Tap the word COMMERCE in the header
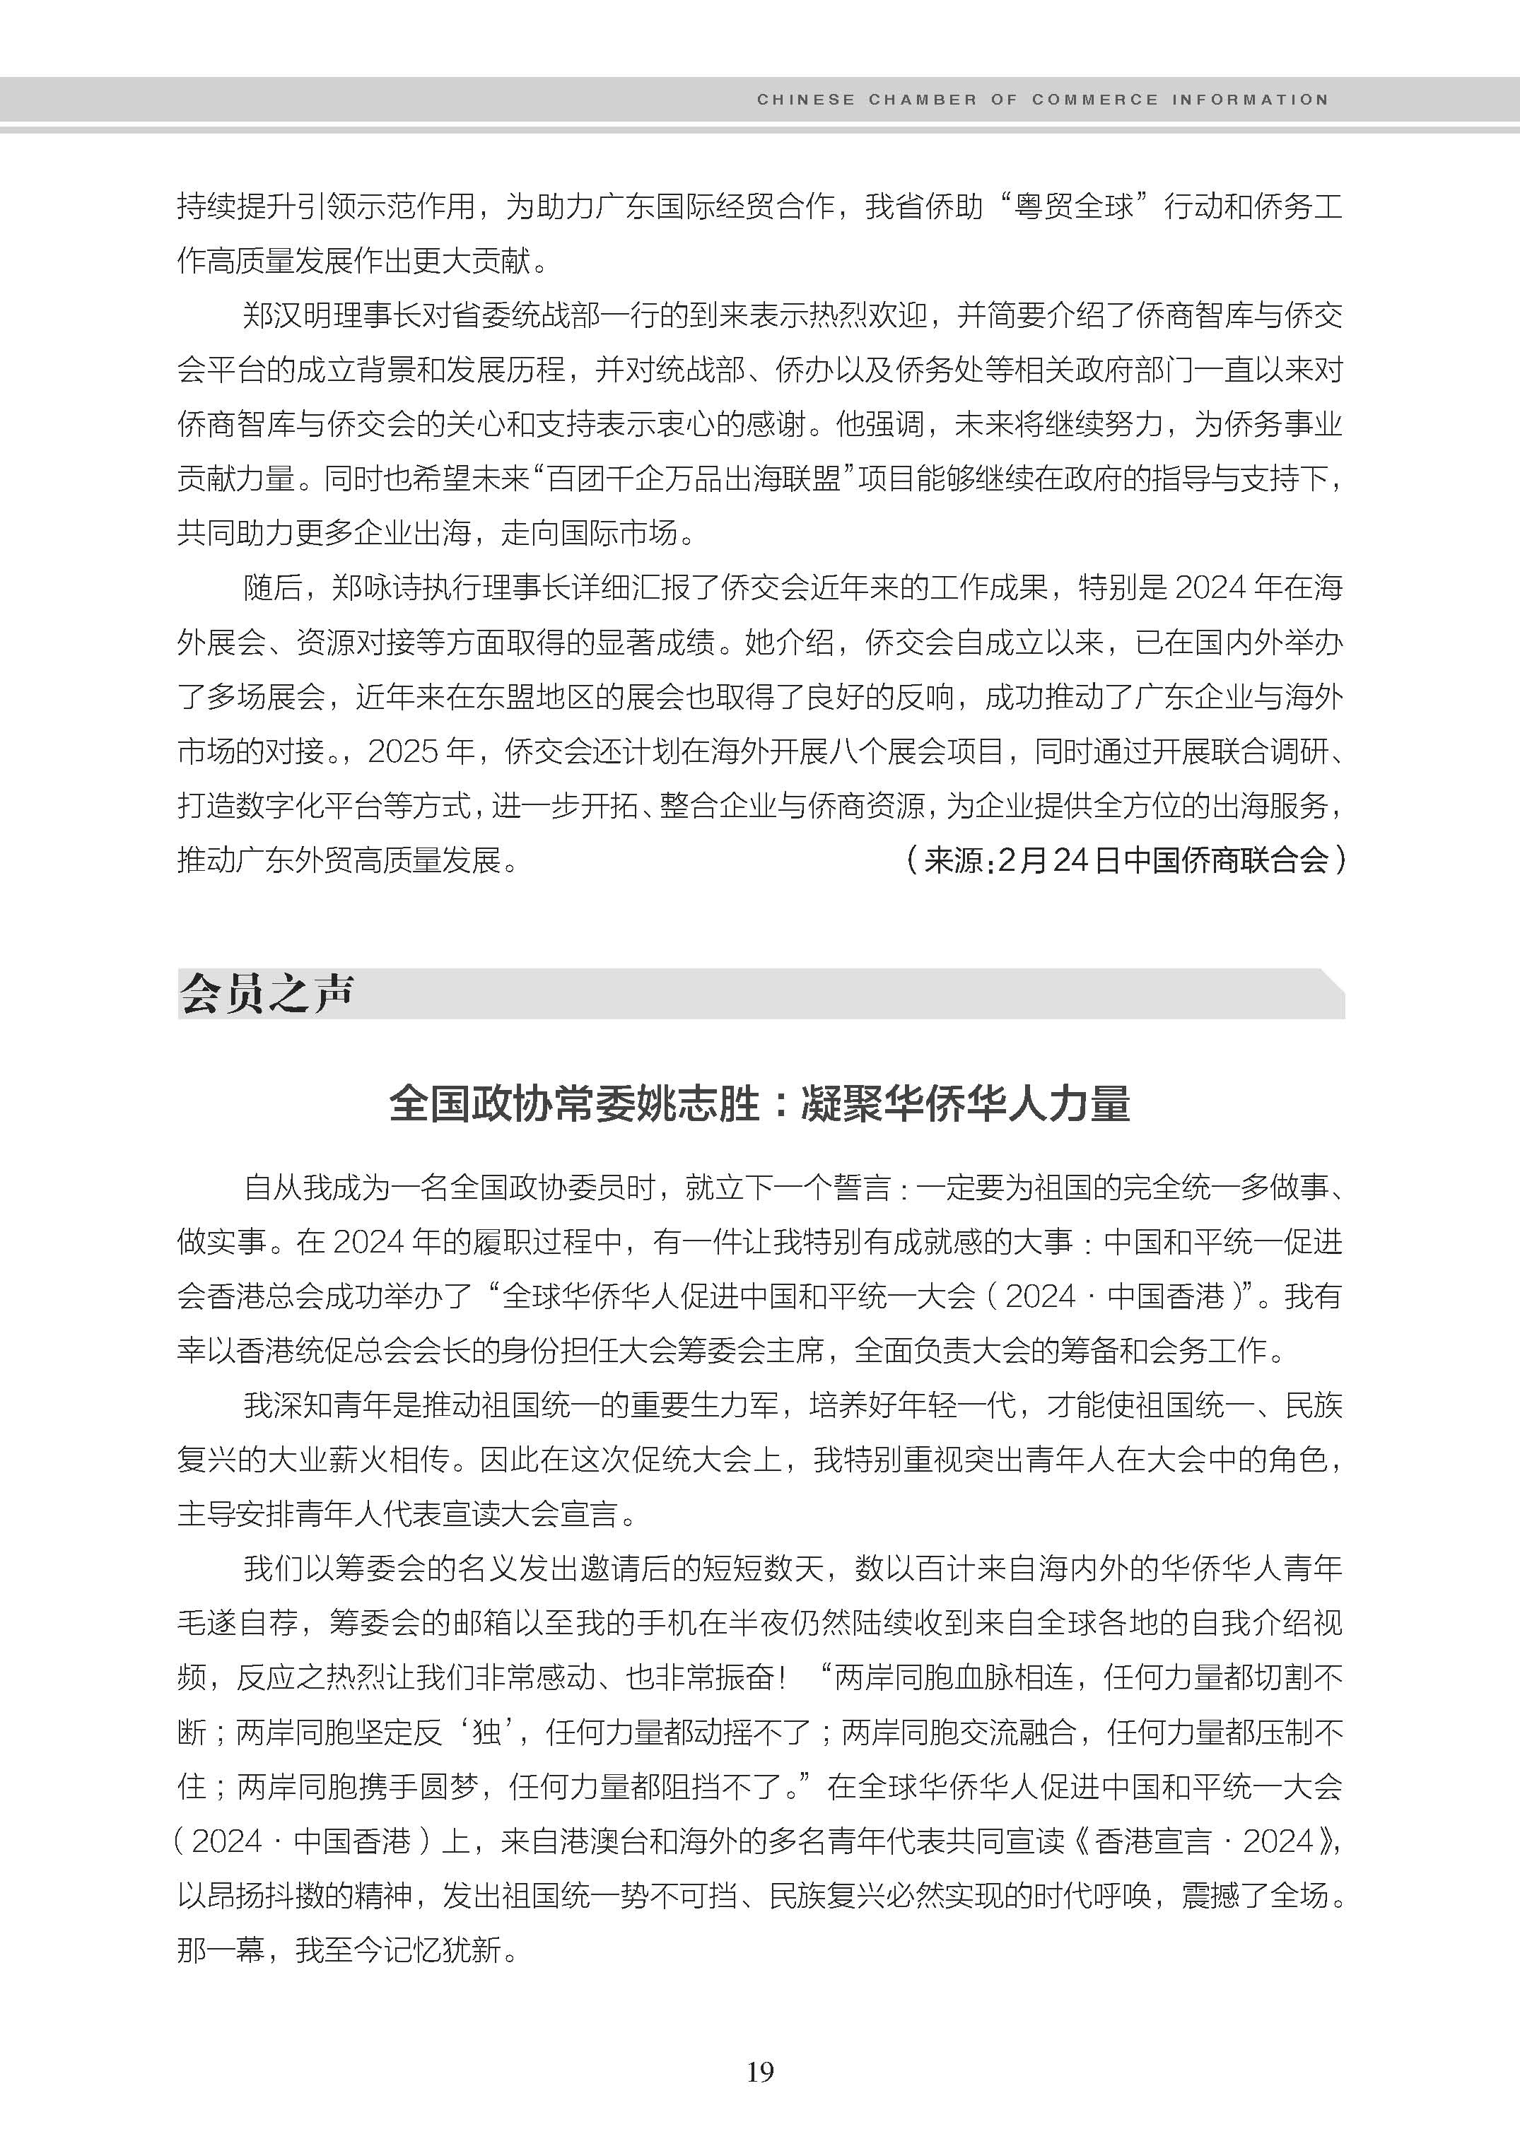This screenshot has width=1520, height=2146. pyautogui.click(x=1094, y=99)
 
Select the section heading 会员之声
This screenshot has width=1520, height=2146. pyautogui.click(x=267, y=993)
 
